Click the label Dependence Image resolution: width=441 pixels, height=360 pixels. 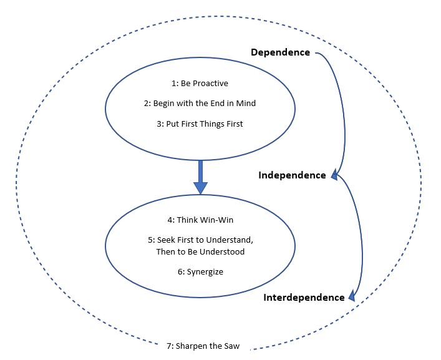pyautogui.click(x=280, y=52)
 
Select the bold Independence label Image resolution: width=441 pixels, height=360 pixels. pyautogui.click(x=292, y=175)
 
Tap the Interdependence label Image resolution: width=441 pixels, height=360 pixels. pyautogui.click(x=304, y=298)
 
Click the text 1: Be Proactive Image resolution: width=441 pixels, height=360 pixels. pyautogui.click(x=199, y=83)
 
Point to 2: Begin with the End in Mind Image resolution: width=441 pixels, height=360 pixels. pyautogui.click(x=200, y=104)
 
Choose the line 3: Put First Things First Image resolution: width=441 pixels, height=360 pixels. pyautogui.click(x=200, y=124)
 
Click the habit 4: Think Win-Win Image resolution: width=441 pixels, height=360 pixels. pyautogui.click(x=200, y=220)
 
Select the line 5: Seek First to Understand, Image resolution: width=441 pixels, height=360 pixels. pyautogui.click(x=200, y=240)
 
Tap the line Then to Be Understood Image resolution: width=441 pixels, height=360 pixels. pyautogui.click(x=200, y=252)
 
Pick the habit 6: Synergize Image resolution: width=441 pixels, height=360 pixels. pyautogui.click(x=200, y=272)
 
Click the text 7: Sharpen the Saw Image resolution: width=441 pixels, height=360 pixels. pyautogui.click(x=203, y=346)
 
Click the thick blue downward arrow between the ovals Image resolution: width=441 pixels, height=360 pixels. pyautogui.click(x=200, y=177)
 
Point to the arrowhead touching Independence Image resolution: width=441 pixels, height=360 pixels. pyautogui.click(x=334, y=176)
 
